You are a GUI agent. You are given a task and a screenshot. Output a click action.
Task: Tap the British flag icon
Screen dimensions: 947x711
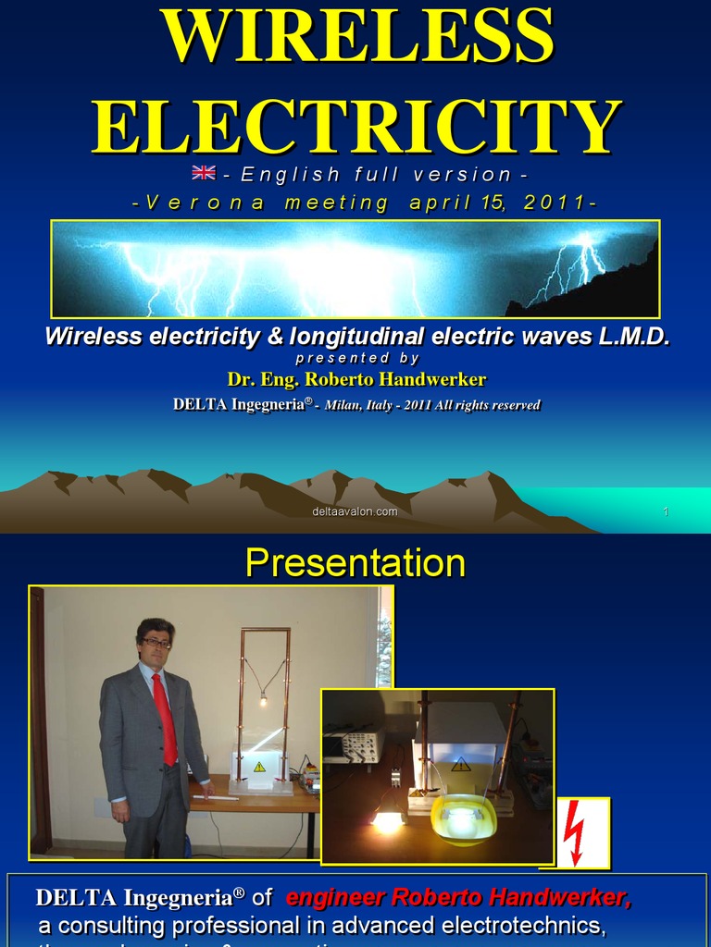click(204, 173)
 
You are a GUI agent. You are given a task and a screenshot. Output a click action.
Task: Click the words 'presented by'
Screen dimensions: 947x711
click(357, 358)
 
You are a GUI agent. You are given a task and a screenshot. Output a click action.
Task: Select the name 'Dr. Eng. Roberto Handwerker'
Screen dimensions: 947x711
click(356, 379)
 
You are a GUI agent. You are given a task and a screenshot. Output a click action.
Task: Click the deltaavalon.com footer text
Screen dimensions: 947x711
click(355, 511)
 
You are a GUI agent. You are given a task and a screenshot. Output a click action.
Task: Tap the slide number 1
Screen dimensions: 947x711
click(665, 511)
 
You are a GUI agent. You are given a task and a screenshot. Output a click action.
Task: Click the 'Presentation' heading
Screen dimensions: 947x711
click(355, 563)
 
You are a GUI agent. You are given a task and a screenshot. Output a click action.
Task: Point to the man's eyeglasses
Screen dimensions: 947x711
click(156, 643)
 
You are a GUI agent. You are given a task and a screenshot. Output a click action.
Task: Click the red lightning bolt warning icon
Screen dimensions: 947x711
click(575, 832)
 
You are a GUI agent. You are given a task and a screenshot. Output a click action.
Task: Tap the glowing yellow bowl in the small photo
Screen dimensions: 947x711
click(463, 818)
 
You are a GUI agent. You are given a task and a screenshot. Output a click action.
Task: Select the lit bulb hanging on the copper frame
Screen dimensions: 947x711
click(264, 702)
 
